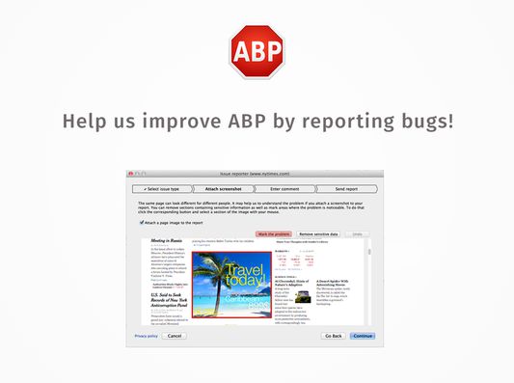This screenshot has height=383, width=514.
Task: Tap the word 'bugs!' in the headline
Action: point(424,123)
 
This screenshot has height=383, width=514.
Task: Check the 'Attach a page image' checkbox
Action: point(142,221)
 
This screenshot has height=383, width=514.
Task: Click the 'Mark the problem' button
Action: point(273,234)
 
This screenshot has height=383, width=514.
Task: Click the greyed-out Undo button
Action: point(357,234)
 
